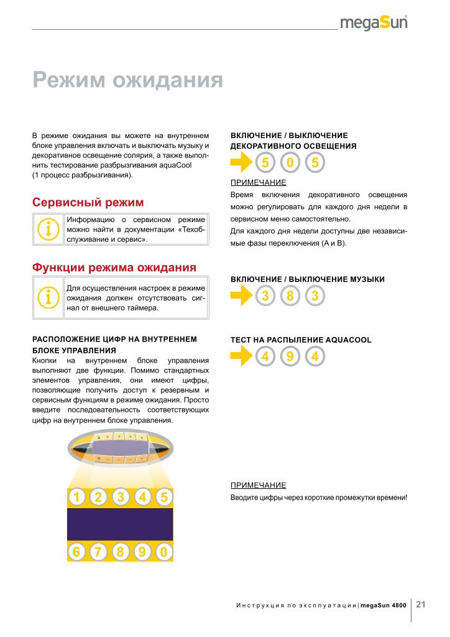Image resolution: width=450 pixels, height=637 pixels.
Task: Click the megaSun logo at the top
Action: pos(374,24)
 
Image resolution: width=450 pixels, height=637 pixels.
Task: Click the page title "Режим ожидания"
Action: pos(127,80)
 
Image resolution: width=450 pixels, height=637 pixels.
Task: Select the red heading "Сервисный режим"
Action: pos(88,203)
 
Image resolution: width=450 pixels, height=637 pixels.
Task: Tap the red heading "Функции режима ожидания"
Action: pos(114,267)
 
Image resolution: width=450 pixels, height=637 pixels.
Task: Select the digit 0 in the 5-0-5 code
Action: pos(290,164)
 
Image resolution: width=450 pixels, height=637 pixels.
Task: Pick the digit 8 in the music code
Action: pos(290,295)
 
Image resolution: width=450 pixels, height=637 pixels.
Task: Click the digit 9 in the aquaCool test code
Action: pos(290,356)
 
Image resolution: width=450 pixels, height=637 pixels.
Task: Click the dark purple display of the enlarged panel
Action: pos(120,524)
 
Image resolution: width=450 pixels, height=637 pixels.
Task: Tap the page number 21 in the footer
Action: pos(421,605)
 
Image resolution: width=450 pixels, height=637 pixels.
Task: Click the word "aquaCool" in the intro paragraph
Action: pos(175,165)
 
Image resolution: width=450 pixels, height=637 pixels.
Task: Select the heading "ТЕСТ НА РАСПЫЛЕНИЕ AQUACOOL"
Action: pos(301,340)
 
